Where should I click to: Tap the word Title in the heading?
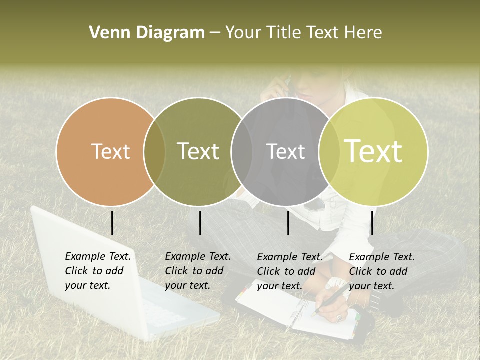pos(284,33)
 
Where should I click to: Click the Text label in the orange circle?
pos(110,151)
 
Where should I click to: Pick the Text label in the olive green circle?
pos(198,151)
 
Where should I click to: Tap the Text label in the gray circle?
pos(285,151)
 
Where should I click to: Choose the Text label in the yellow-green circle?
pos(373,151)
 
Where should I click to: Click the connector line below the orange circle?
pos(112,223)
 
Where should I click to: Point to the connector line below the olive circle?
pos(200,223)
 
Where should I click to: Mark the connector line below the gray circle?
pos(288,223)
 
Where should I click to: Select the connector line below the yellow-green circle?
pos(372,223)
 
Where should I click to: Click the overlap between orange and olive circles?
pos(154,151)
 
